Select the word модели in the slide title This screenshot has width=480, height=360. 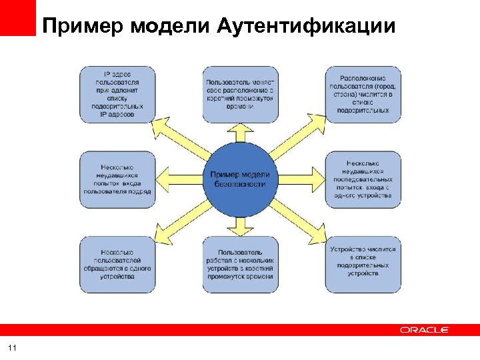[x=171, y=26]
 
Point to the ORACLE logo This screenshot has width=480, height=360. [x=425, y=329]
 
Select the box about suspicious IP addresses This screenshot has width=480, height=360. [x=117, y=93]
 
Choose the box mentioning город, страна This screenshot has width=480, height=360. [x=363, y=93]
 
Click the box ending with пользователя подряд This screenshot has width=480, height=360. [x=117, y=179]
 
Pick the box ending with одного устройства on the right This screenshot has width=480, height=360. [x=363, y=179]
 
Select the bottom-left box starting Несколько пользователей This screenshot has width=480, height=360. [x=117, y=264]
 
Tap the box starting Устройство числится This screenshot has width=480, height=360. [x=363, y=264]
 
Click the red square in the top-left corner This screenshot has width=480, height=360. [x=17, y=17]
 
